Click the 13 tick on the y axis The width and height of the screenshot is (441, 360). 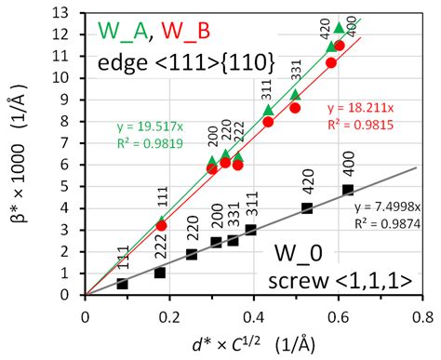pos(70,13)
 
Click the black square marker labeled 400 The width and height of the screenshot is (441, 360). pos(347,189)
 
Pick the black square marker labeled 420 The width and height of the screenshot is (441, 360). pos(307,208)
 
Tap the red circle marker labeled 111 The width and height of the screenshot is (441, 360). pos(161,225)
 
